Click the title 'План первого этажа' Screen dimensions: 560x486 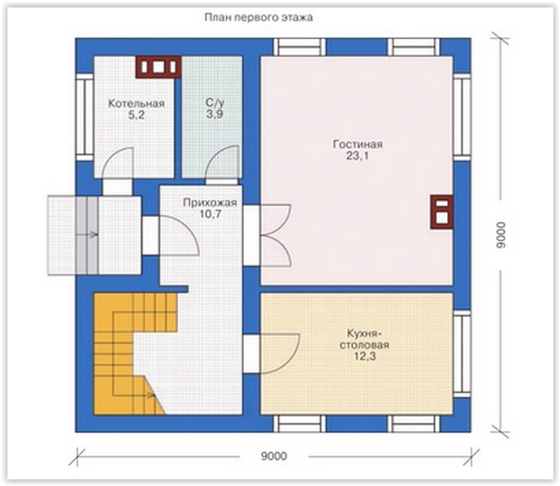[x=259, y=17]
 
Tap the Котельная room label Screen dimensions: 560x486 [x=136, y=104]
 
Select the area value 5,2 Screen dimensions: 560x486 [x=136, y=115]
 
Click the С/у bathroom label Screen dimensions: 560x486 [x=214, y=103]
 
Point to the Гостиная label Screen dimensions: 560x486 [x=357, y=145]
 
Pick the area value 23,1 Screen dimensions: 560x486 [x=357, y=156]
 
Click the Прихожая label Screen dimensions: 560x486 [x=210, y=203]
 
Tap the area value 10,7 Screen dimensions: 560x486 [x=210, y=214]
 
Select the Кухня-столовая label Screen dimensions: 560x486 [x=364, y=339]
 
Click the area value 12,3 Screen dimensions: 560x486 [x=365, y=356]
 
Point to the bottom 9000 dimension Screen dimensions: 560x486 [x=274, y=456]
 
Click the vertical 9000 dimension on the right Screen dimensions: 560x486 [x=501, y=234]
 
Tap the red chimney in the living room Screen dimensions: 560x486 [x=442, y=212]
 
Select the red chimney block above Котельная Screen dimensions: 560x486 [x=158, y=66]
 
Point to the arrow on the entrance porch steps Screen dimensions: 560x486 [x=86, y=234]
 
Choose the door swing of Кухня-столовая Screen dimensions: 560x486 [x=280, y=354]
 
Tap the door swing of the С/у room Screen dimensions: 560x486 [x=222, y=163]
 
